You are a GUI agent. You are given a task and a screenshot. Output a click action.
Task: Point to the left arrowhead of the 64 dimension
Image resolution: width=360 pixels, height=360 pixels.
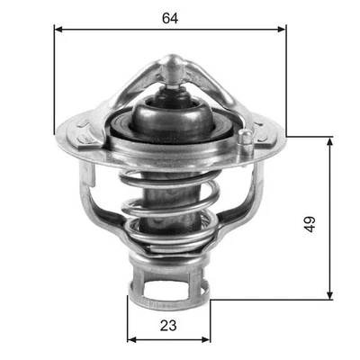pos(58,29)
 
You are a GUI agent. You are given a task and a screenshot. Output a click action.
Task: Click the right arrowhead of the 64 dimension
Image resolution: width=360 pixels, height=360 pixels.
pos(283,29)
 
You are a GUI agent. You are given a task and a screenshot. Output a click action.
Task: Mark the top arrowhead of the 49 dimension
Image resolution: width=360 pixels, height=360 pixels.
pos(330,141)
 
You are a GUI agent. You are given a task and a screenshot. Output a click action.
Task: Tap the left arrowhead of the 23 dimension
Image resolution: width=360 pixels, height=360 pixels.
pos(131,340)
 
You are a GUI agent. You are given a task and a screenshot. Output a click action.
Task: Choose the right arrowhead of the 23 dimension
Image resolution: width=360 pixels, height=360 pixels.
pos(207,340)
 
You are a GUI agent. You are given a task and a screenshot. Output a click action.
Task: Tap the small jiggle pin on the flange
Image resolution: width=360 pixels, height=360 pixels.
pos(245,138)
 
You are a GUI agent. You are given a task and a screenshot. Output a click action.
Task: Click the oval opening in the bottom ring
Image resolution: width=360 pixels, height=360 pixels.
pos(165,288)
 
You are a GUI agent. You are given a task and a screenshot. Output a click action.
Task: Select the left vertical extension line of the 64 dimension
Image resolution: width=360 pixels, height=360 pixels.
pos(56,81)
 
